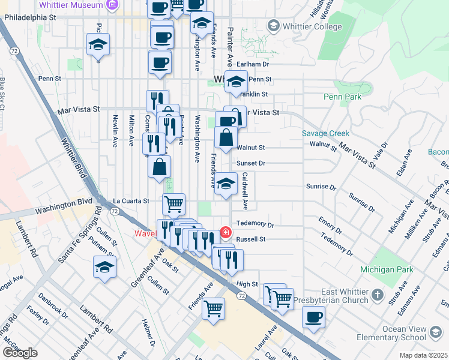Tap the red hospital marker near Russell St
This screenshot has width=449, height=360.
coord(226,232)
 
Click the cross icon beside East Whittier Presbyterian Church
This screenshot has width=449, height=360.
coord(377,295)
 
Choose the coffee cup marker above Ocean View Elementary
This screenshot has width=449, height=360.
coord(313,317)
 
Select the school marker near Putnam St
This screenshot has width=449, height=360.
coord(105,267)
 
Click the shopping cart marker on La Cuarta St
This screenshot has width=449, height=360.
coord(173,204)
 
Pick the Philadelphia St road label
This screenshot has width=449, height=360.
coord(30,17)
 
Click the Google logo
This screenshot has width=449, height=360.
coord(20,353)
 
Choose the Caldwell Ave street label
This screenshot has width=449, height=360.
coord(245,191)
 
